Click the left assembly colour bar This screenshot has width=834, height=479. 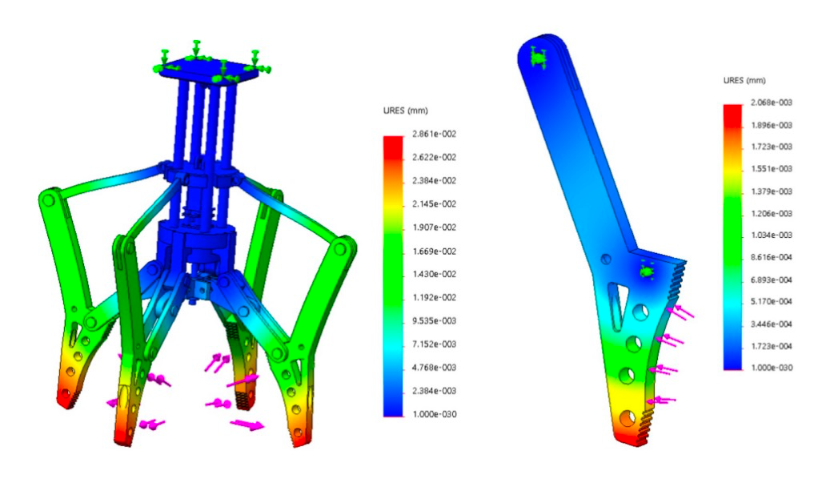[392, 275]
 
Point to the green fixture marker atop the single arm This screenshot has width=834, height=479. [538, 58]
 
